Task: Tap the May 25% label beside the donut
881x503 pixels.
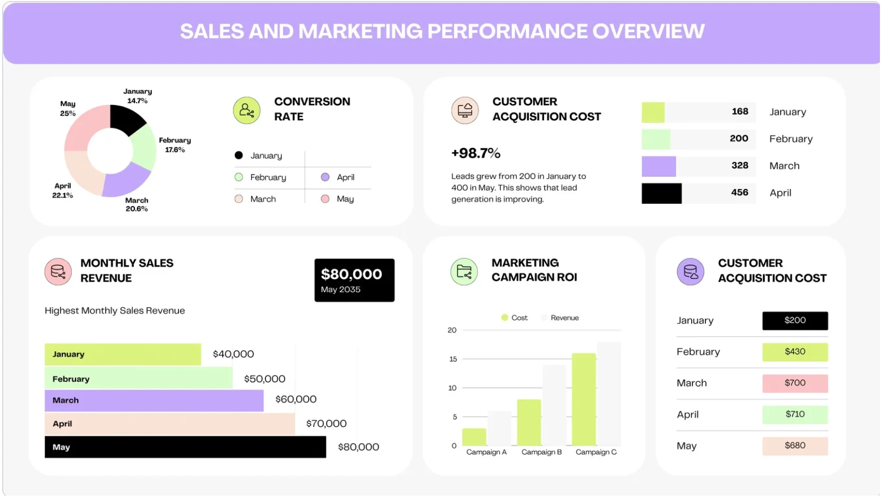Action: (68, 109)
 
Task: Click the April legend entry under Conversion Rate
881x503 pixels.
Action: (339, 177)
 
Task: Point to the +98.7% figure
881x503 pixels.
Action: (475, 154)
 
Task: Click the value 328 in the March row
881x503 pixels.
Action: (739, 166)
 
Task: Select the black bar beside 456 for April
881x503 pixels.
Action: (661, 193)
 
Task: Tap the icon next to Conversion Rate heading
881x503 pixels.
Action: (246, 110)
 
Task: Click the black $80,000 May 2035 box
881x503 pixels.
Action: (354, 280)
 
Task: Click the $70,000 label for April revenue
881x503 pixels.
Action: (326, 424)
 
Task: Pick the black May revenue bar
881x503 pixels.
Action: (185, 447)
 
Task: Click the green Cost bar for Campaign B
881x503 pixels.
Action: (528, 423)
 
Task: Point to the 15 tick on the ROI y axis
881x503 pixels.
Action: (453, 359)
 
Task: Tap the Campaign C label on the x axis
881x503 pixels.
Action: (595, 452)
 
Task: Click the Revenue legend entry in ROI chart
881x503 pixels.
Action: (560, 318)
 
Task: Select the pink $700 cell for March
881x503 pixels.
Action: (794, 383)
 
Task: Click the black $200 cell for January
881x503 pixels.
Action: (794, 320)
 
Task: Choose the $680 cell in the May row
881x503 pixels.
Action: (794, 446)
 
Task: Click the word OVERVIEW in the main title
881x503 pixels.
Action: (648, 31)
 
